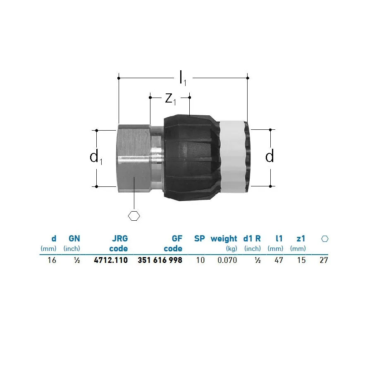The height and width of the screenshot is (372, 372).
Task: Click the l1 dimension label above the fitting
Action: [183, 78]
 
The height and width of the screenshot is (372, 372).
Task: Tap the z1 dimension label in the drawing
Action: [171, 98]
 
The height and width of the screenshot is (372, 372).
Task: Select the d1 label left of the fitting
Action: [96, 157]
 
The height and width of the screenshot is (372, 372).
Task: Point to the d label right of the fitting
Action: [269, 156]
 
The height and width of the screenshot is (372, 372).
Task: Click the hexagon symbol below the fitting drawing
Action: [134, 216]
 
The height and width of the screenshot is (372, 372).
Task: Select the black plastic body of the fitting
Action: [192, 158]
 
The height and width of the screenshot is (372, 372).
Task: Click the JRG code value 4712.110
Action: [111, 260]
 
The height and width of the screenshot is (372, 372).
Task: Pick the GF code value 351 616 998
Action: [160, 260]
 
